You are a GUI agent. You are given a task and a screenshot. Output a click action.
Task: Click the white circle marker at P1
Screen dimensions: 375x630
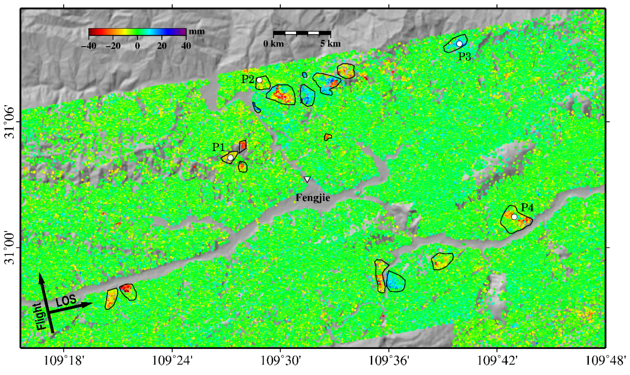(230, 158)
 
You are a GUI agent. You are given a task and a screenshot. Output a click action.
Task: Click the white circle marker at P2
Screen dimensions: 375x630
(259, 80)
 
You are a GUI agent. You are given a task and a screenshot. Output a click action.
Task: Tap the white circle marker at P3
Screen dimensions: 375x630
(460, 44)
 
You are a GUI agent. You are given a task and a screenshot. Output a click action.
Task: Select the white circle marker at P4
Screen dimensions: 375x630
(514, 217)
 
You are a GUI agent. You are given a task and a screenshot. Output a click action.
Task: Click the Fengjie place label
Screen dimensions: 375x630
(313, 198)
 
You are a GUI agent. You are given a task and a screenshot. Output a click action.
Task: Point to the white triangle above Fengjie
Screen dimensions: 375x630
(307, 180)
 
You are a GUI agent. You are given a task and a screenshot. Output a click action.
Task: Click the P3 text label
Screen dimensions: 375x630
(465, 57)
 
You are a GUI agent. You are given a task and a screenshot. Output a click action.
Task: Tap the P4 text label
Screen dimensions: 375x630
(528, 208)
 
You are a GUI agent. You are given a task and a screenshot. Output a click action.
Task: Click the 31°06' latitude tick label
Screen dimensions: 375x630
(10, 122)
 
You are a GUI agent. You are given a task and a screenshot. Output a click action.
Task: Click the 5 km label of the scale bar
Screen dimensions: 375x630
(330, 44)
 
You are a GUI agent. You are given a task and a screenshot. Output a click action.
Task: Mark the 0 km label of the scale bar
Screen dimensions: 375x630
(274, 44)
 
